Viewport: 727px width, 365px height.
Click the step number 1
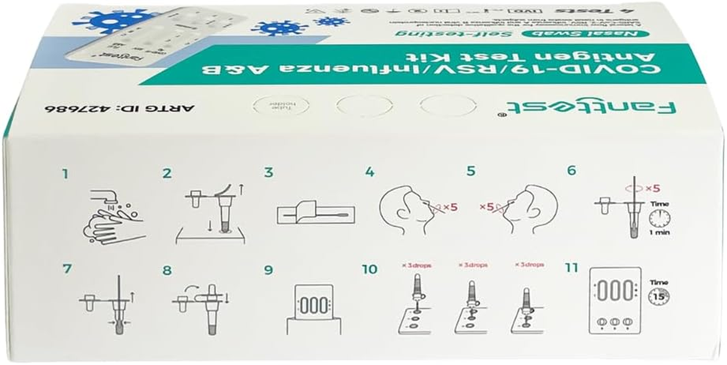coord(66,174)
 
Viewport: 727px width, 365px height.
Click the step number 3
coord(269,173)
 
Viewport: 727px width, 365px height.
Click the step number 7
coord(68,269)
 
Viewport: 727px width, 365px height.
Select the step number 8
coord(167,271)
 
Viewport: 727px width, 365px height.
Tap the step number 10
coord(369,269)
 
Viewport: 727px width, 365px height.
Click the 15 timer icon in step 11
coord(659,296)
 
